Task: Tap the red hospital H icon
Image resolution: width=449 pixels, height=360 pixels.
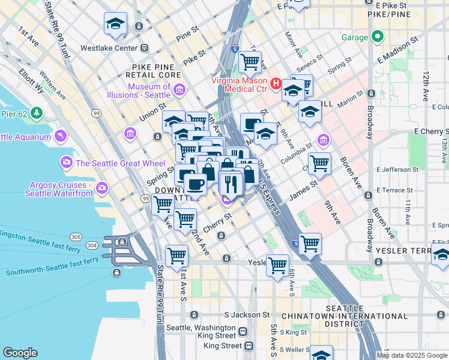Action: (x=276, y=83)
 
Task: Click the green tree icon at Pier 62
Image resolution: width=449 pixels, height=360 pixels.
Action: (x=37, y=112)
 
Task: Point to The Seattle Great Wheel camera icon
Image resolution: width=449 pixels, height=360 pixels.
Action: (x=67, y=163)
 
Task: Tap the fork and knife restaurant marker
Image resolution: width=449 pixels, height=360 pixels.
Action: (x=231, y=183)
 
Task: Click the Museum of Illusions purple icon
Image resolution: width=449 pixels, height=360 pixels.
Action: (x=179, y=91)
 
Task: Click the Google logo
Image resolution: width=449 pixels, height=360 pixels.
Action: (x=20, y=353)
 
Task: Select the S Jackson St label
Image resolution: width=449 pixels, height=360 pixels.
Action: (x=247, y=314)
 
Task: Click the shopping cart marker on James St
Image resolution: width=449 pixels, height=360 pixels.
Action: (x=319, y=163)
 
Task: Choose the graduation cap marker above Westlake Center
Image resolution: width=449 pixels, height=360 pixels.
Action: (x=115, y=25)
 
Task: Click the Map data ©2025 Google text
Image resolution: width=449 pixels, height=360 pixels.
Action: (x=412, y=355)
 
